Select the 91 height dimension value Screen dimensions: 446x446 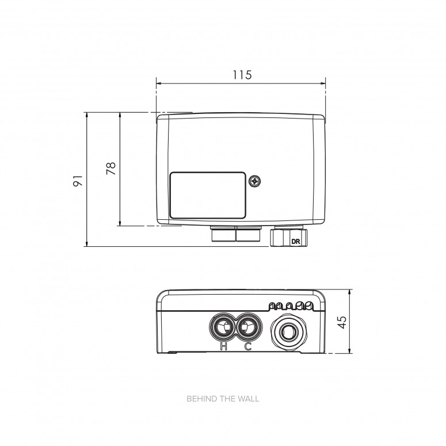pyautogui.click(x=79, y=180)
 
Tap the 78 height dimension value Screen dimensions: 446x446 pyautogui.click(x=112, y=168)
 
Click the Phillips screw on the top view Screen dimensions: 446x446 pyautogui.click(x=255, y=181)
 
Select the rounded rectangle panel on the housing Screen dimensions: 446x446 pyautogui.click(x=207, y=195)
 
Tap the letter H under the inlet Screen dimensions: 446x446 pyautogui.click(x=223, y=346)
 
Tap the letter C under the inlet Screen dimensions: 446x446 pyautogui.click(x=248, y=346)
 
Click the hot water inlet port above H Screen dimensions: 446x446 pyautogui.click(x=221, y=328)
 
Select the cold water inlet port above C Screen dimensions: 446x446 pyautogui.click(x=247, y=328)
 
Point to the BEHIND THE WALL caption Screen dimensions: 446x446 pyautogui.click(x=223, y=398)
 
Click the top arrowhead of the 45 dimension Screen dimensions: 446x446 pyautogui.click(x=350, y=291)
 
